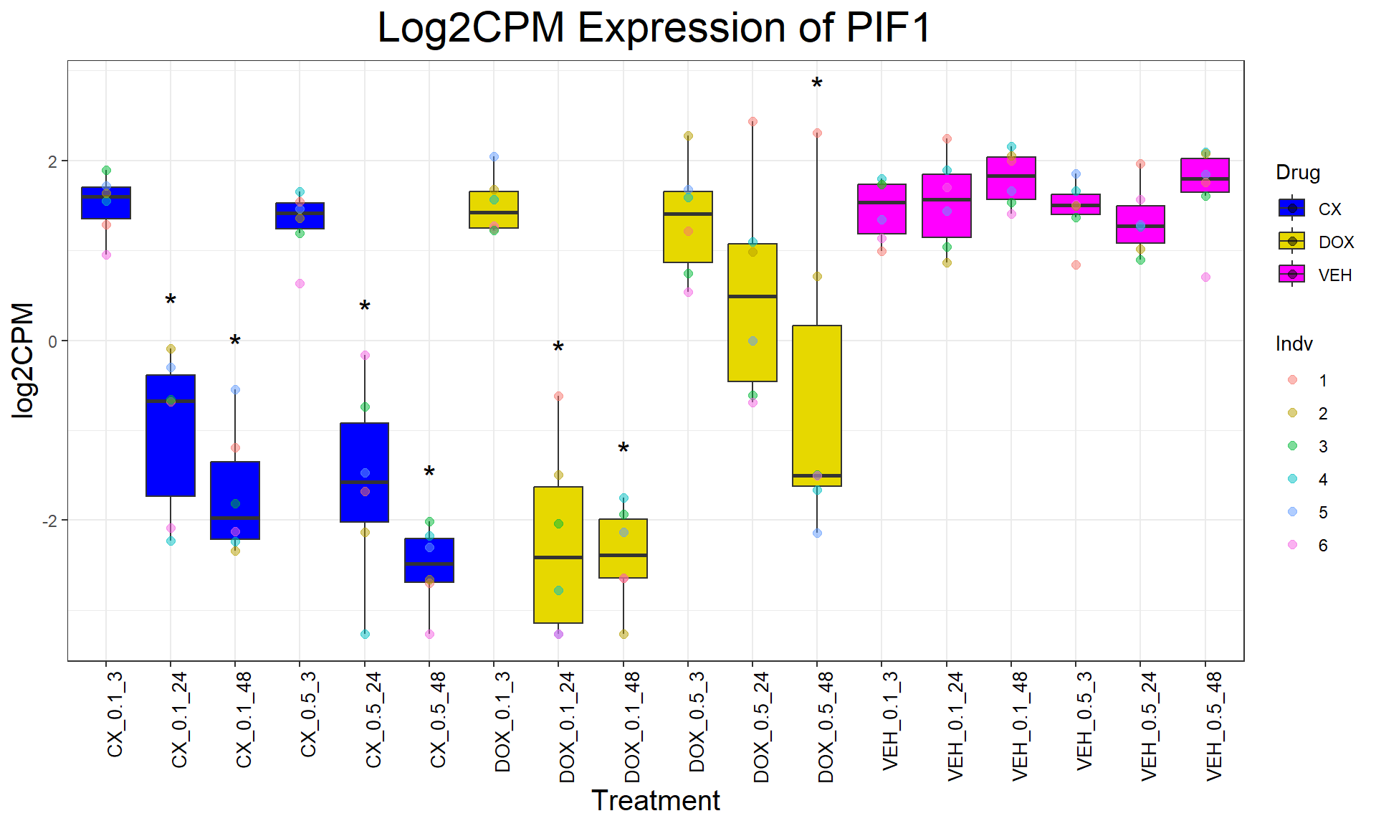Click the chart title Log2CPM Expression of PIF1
tap(654, 29)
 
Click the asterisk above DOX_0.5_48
tap(817, 85)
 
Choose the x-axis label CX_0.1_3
tap(115, 714)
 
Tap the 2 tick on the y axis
tap(52, 161)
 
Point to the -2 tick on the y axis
tap(49, 521)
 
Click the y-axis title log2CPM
tap(23, 360)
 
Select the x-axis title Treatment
tap(655, 801)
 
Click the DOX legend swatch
tap(1292, 242)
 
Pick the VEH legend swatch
tap(1292, 275)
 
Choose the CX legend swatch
tap(1292, 209)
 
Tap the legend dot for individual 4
tap(1292, 479)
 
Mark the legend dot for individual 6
tap(1292, 545)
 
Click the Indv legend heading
tap(1294, 344)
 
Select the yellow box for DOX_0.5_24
tap(752, 313)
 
